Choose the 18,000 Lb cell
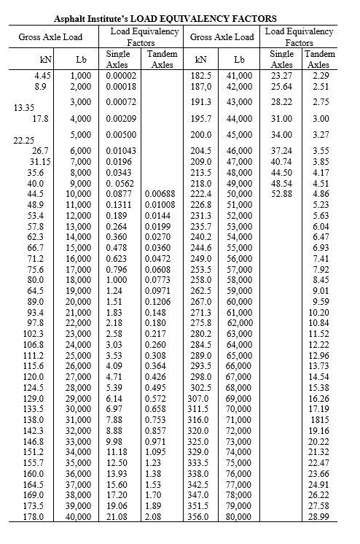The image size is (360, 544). [79, 279]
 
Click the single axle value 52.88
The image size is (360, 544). [282, 194]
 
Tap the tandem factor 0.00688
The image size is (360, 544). [160, 194]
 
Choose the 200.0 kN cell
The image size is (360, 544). [200, 135]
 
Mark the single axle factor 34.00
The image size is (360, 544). [282, 135]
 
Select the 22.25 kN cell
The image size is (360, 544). [26, 141]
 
